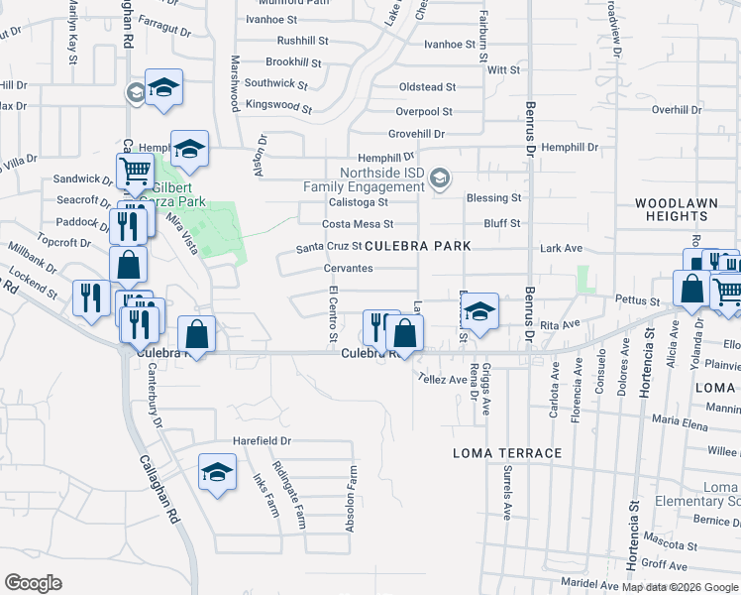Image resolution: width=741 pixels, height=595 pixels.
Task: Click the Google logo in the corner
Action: (33, 583)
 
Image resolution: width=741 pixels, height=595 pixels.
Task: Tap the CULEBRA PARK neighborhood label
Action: (417, 245)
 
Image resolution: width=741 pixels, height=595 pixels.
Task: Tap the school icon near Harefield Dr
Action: (217, 473)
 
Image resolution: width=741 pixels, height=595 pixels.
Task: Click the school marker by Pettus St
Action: (479, 312)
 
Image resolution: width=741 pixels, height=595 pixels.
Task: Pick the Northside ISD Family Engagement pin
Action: (442, 179)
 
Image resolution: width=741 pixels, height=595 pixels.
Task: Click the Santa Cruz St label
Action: (329, 247)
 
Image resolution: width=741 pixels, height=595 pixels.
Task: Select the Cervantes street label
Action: (348, 269)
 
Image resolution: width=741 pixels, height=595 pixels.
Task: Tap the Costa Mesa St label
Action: (358, 224)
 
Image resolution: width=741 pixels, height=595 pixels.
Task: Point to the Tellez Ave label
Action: (442, 379)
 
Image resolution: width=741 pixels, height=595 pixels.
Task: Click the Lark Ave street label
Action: (561, 248)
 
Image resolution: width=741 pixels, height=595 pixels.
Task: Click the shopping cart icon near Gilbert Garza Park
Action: (135, 171)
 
